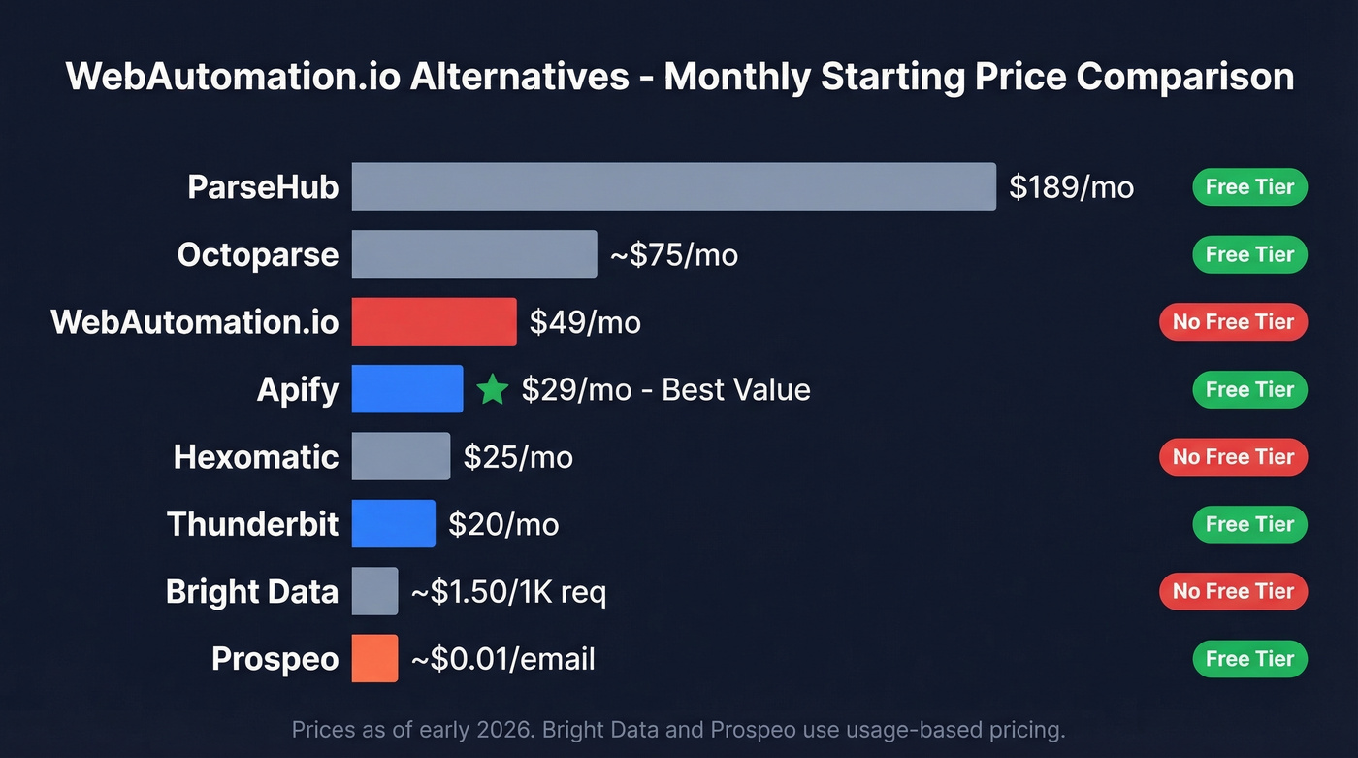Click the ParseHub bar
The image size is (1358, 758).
pyautogui.click(x=673, y=186)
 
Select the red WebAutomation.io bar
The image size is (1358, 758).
pyautogui.click(x=434, y=321)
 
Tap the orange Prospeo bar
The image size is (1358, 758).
pyautogui.click(x=374, y=659)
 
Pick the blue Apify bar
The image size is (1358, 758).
pyautogui.click(x=407, y=389)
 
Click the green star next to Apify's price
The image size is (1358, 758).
pyautogui.click(x=493, y=390)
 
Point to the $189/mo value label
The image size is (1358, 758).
pyautogui.click(x=1071, y=186)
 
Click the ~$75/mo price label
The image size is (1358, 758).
pyautogui.click(x=673, y=254)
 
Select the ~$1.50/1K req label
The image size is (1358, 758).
pyautogui.click(x=508, y=591)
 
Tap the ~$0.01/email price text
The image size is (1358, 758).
pyautogui.click(x=502, y=659)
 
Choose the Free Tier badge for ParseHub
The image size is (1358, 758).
pyautogui.click(x=1249, y=186)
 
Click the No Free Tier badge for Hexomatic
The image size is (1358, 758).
pyautogui.click(x=1233, y=456)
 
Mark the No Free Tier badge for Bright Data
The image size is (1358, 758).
pyautogui.click(x=1233, y=591)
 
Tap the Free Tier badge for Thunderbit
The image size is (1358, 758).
pyautogui.click(x=1249, y=524)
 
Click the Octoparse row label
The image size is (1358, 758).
pyautogui.click(x=257, y=254)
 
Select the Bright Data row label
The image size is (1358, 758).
pyautogui.click(x=251, y=591)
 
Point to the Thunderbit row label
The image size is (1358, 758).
pyautogui.click(x=252, y=524)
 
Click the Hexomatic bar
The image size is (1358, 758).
pyautogui.click(x=401, y=456)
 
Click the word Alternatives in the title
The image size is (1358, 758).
pyautogui.click(x=519, y=76)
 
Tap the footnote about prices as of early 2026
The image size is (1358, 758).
pyautogui.click(x=678, y=728)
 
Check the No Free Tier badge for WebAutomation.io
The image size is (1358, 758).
pyautogui.click(x=1233, y=321)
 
